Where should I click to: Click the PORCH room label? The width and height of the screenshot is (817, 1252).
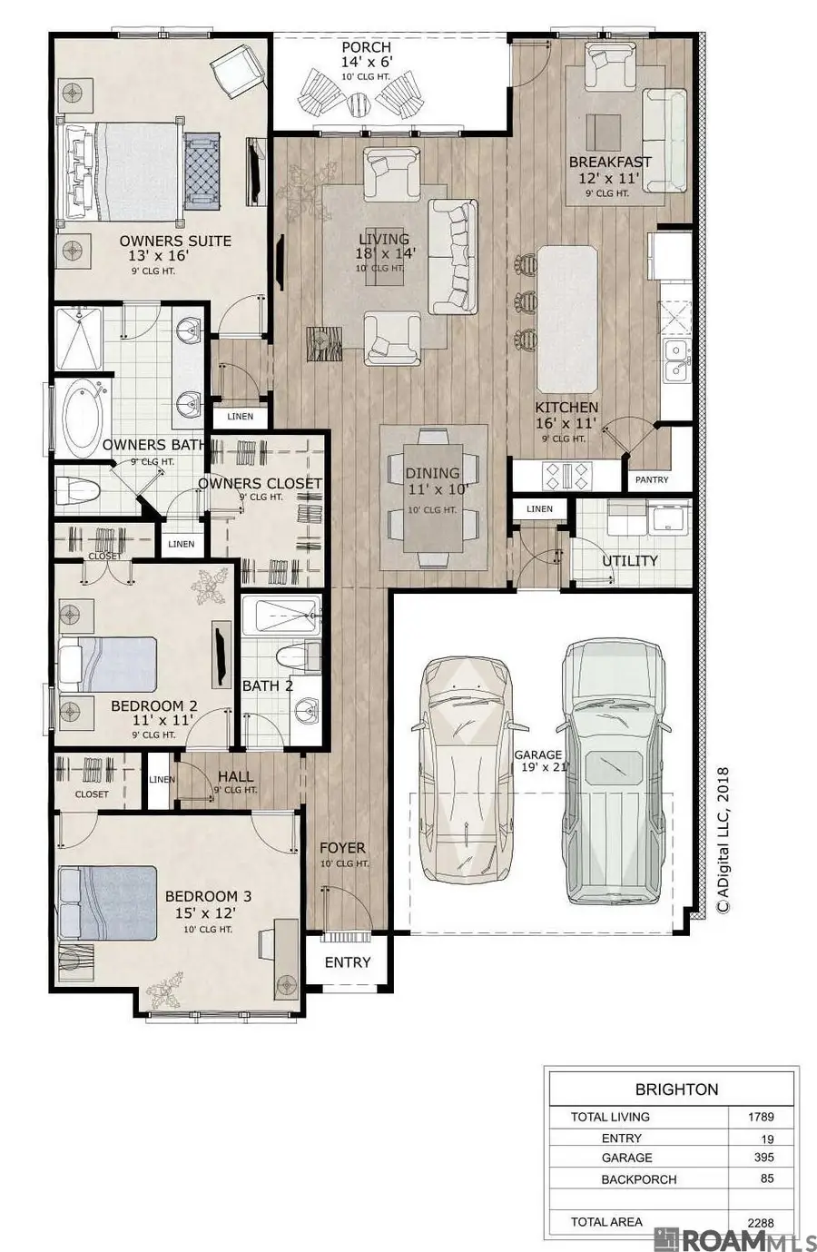click(366, 47)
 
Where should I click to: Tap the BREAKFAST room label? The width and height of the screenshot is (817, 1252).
click(610, 163)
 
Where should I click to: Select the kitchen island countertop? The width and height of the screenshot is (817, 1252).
click(568, 315)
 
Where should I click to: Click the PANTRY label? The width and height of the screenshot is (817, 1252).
click(651, 479)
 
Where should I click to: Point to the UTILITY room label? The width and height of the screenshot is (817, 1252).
click(629, 561)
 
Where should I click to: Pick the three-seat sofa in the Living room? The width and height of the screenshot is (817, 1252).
click(452, 255)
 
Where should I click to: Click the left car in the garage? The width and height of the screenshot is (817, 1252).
click(463, 772)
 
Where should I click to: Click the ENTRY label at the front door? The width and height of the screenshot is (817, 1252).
click(347, 962)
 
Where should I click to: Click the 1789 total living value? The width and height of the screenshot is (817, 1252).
click(761, 1117)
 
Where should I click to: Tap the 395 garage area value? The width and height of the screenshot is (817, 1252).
click(763, 1158)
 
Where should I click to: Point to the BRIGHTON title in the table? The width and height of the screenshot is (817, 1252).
click(676, 1089)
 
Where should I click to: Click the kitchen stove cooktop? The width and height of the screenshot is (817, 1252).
click(566, 473)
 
